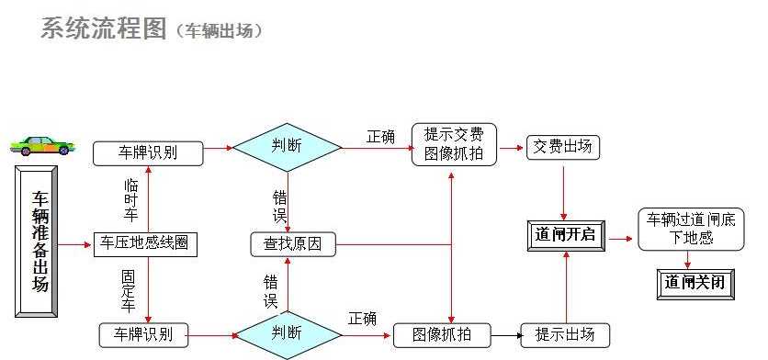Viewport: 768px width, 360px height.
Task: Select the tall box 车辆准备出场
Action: (40, 242)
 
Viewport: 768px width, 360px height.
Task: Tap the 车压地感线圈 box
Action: (146, 244)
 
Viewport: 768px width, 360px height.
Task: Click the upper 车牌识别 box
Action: (148, 152)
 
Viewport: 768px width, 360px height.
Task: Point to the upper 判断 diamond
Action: (286, 145)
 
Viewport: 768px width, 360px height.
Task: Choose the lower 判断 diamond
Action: (288, 332)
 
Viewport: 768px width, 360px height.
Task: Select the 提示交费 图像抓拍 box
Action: (454, 144)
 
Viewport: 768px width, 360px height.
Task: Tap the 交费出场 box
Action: (563, 147)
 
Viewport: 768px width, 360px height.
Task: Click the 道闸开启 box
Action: (564, 234)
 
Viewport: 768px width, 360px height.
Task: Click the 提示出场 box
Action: (564, 334)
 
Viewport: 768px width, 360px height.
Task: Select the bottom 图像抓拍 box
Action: (442, 334)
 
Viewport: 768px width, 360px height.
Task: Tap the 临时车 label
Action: (130, 200)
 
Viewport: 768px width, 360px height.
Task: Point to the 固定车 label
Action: (128, 289)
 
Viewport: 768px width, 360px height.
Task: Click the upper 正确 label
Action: (380, 137)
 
